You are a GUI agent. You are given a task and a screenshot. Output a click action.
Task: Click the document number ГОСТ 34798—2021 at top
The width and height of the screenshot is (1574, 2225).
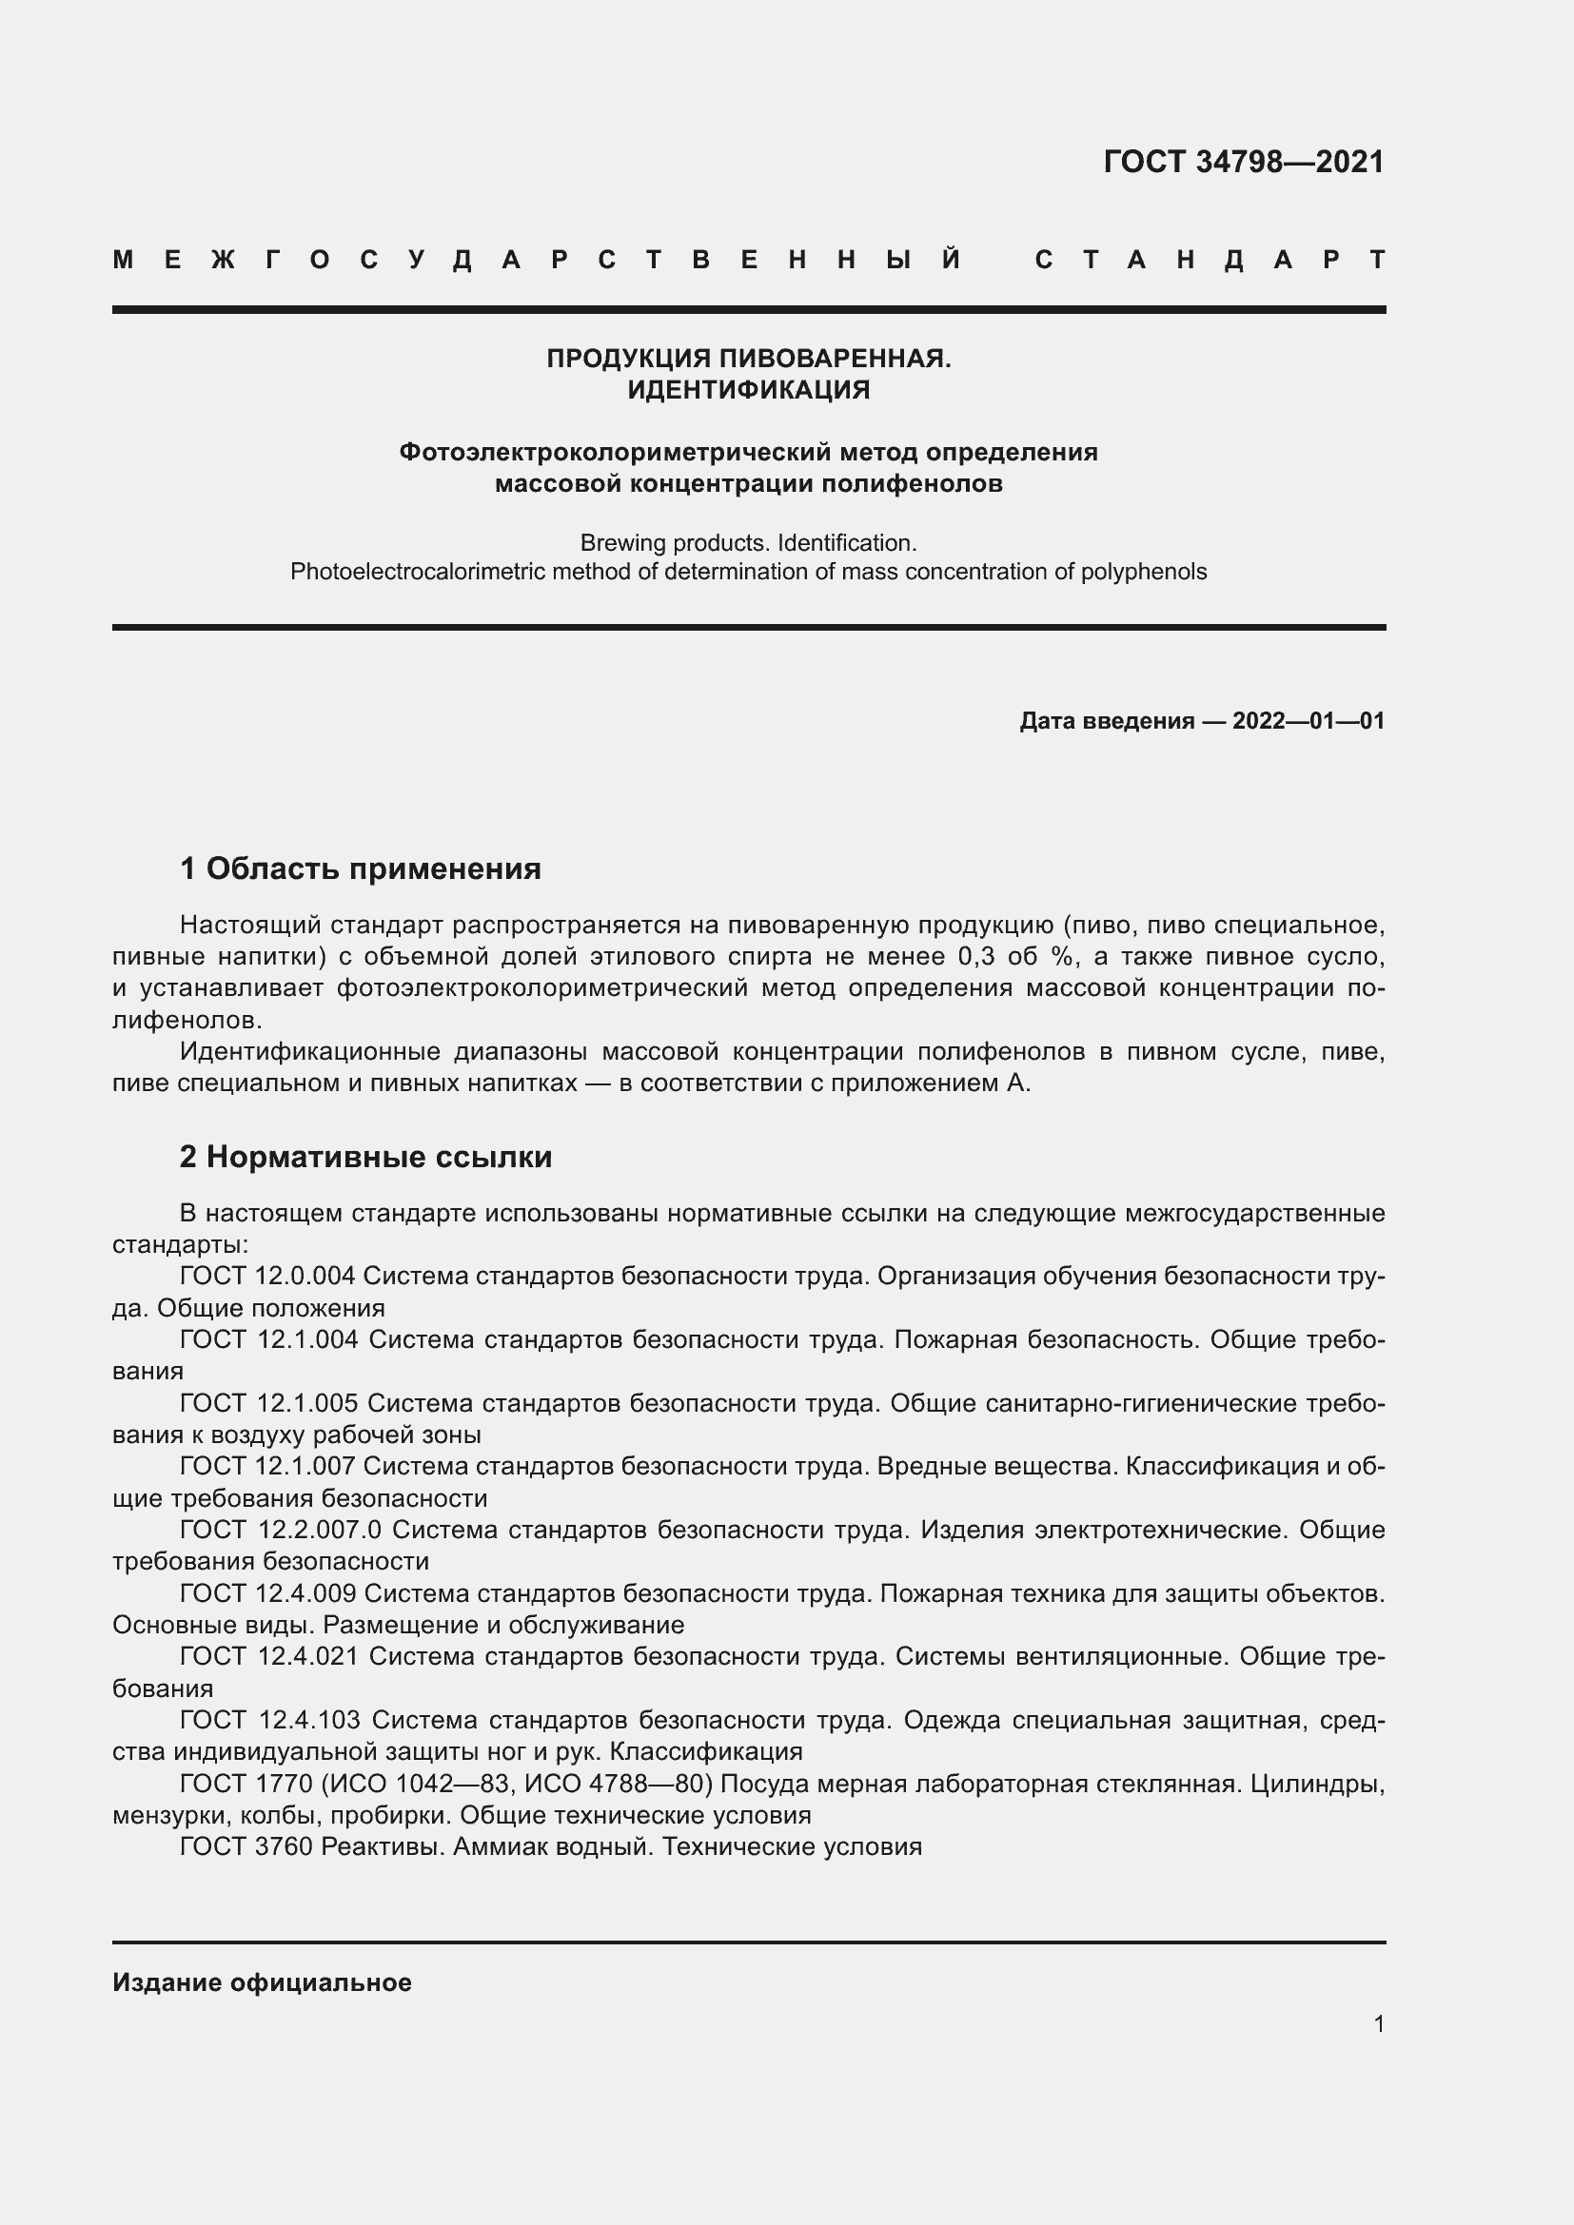coord(1244,162)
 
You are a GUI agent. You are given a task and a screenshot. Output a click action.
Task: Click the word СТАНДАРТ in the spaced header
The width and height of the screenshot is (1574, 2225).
coord(1210,260)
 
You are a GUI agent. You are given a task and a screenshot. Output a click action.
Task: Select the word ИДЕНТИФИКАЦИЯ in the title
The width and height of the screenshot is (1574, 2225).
coord(748,390)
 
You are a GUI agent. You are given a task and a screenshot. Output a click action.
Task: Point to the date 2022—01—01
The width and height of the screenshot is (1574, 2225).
coord(1308,721)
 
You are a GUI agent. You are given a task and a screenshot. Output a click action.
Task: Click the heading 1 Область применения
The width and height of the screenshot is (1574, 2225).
coord(361,869)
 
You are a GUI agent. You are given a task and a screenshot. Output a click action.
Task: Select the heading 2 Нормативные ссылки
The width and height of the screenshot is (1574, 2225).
coord(365,1157)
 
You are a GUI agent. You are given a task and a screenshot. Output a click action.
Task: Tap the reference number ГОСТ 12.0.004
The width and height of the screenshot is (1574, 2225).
coord(268,1277)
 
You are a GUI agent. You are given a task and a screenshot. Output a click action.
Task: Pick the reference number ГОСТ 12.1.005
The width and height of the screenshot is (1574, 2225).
coord(268,1403)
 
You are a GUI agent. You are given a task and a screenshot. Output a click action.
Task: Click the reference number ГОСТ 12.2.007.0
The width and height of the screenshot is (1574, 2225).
coord(281,1531)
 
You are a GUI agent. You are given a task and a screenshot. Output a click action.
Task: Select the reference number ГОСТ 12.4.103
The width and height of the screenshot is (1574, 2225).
coord(270,1720)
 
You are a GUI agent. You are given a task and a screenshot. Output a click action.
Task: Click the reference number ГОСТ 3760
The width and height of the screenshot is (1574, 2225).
coord(246,1847)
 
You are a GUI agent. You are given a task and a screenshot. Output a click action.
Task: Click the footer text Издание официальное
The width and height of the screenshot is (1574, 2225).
coord(262,1982)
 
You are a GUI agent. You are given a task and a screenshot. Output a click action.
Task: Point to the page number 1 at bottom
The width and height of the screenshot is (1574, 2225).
coord(1378,2023)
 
